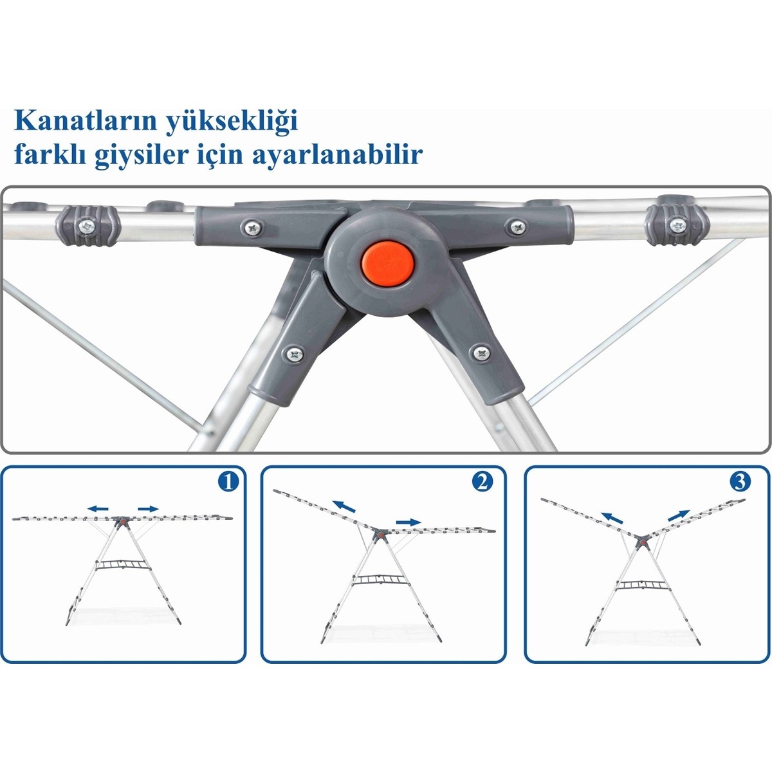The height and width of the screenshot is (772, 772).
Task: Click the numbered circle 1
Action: coord(228,482)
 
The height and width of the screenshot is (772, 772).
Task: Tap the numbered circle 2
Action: coord(482,482)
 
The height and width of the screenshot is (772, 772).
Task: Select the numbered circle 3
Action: coord(740,482)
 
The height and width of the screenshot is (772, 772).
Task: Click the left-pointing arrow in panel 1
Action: coord(98,509)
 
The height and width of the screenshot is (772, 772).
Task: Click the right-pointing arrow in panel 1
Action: coord(148,509)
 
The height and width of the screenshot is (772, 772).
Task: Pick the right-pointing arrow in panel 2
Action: coord(409,522)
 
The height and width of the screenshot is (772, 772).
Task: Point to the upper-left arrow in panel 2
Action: coord(344,506)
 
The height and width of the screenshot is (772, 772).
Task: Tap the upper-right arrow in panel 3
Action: coord(679,515)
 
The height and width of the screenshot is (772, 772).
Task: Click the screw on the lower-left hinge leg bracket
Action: coord(295,354)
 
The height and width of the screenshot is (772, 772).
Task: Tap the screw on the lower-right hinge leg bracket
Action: coord(482,353)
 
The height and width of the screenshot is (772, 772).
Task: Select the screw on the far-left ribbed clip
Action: coord(87,226)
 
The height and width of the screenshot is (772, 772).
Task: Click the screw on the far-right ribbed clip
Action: coord(678,226)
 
